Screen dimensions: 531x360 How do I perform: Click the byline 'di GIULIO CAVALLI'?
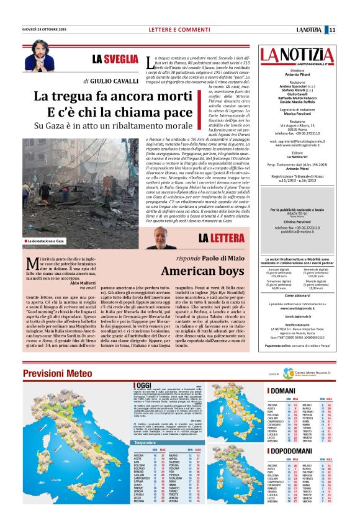pos(110,81)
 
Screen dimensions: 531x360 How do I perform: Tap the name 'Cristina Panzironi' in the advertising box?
pos(301,221)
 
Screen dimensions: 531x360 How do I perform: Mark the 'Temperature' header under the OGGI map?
pos(145,442)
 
